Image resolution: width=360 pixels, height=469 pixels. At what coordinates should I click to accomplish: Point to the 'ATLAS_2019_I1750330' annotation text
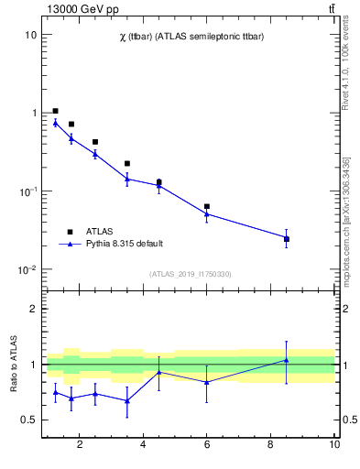(x=190, y=274)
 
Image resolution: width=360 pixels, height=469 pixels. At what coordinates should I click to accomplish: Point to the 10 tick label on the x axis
(x=334, y=445)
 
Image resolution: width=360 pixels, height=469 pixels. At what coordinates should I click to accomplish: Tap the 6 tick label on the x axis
(x=207, y=445)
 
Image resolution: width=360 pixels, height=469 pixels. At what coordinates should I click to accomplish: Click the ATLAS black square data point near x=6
(x=207, y=207)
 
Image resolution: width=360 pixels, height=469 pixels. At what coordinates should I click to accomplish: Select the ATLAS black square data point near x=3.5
(x=127, y=164)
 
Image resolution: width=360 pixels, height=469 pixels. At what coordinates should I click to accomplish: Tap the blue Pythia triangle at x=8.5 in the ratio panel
(x=287, y=360)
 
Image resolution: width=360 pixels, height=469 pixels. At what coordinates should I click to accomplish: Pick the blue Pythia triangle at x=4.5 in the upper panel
(x=159, y=185)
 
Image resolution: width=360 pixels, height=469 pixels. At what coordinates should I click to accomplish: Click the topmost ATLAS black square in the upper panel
(x=56, y=111)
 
